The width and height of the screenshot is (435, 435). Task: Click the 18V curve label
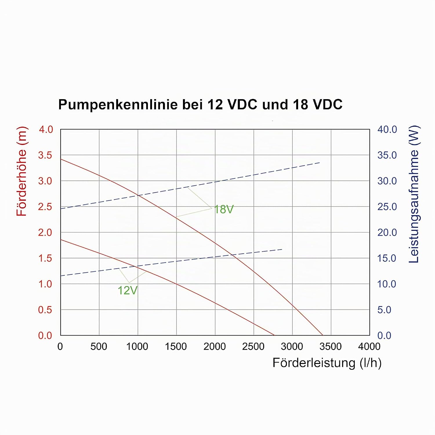point(224,209)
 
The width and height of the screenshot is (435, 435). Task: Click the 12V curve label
point(127,290)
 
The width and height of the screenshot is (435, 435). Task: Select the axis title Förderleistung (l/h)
point(327,363)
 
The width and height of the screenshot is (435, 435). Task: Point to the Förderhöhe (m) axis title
point(21,171)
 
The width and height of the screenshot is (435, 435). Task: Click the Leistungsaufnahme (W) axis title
point(414,194)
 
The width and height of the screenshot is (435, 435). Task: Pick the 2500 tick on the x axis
point(253,346)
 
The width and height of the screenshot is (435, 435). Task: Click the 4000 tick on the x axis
point(369,346)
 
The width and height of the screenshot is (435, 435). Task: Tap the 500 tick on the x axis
point(99,346)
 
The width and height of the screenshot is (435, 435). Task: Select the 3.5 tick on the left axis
point(45,155)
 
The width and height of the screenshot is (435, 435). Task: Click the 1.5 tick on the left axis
point(45,258)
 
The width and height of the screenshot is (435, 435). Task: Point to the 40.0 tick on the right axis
point(387,129)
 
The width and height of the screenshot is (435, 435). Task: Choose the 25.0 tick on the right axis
point(387,207)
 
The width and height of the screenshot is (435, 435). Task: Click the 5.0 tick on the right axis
point(384,310)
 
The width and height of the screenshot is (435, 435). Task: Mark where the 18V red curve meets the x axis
point(322,335)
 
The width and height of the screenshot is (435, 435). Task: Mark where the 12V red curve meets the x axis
point(274,335)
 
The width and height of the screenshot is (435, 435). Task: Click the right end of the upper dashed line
point(320,163)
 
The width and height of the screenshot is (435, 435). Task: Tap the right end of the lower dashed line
point(282,249)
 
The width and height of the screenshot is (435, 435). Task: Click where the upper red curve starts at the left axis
point(61,159)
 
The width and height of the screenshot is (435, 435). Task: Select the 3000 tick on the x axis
point(292,346)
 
